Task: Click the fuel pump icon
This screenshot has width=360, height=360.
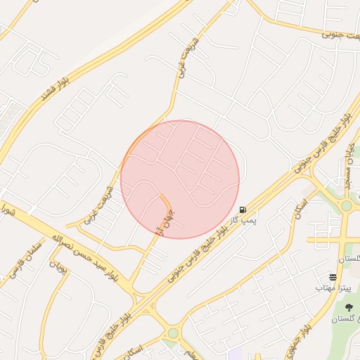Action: pos(243,210)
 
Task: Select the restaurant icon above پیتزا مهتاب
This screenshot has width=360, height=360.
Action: pos(333,277)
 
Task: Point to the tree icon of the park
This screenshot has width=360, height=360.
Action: pos(349,307)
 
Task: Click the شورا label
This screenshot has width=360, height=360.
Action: pos(6,209)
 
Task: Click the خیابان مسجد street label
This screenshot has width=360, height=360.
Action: pos(349,166)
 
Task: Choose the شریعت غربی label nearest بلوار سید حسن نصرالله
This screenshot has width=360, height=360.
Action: pos(99,205)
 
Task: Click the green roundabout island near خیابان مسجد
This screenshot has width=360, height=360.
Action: pos(346,205)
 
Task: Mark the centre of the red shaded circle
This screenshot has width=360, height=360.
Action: pos(180,179)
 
